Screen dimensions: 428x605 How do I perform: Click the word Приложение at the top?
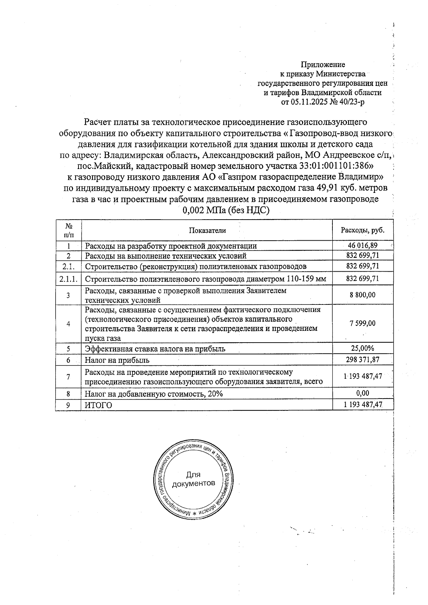coord(323,65)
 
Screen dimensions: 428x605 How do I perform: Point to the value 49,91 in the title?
coord(322,188)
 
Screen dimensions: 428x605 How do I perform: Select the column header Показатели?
coord(207,230)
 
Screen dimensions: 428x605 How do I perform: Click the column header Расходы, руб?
coord(362,230)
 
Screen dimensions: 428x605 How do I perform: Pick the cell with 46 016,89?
coord(362,245)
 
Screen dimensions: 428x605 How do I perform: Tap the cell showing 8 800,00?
coord(362,295)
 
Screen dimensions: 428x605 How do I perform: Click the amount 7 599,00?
coord(362,323)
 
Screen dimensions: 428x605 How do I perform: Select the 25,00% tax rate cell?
coord(362,348)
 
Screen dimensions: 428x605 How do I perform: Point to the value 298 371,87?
coord(362,360)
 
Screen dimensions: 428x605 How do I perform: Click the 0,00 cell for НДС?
coord(362,393)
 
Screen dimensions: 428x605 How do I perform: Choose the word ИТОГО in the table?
coord(98,405)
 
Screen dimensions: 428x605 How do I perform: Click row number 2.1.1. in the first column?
coord(68,278)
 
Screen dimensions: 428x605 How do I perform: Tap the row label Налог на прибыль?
coord(117,360)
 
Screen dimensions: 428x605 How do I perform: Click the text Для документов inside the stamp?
coord(193,479)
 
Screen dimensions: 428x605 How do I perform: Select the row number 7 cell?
coord(68,376)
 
